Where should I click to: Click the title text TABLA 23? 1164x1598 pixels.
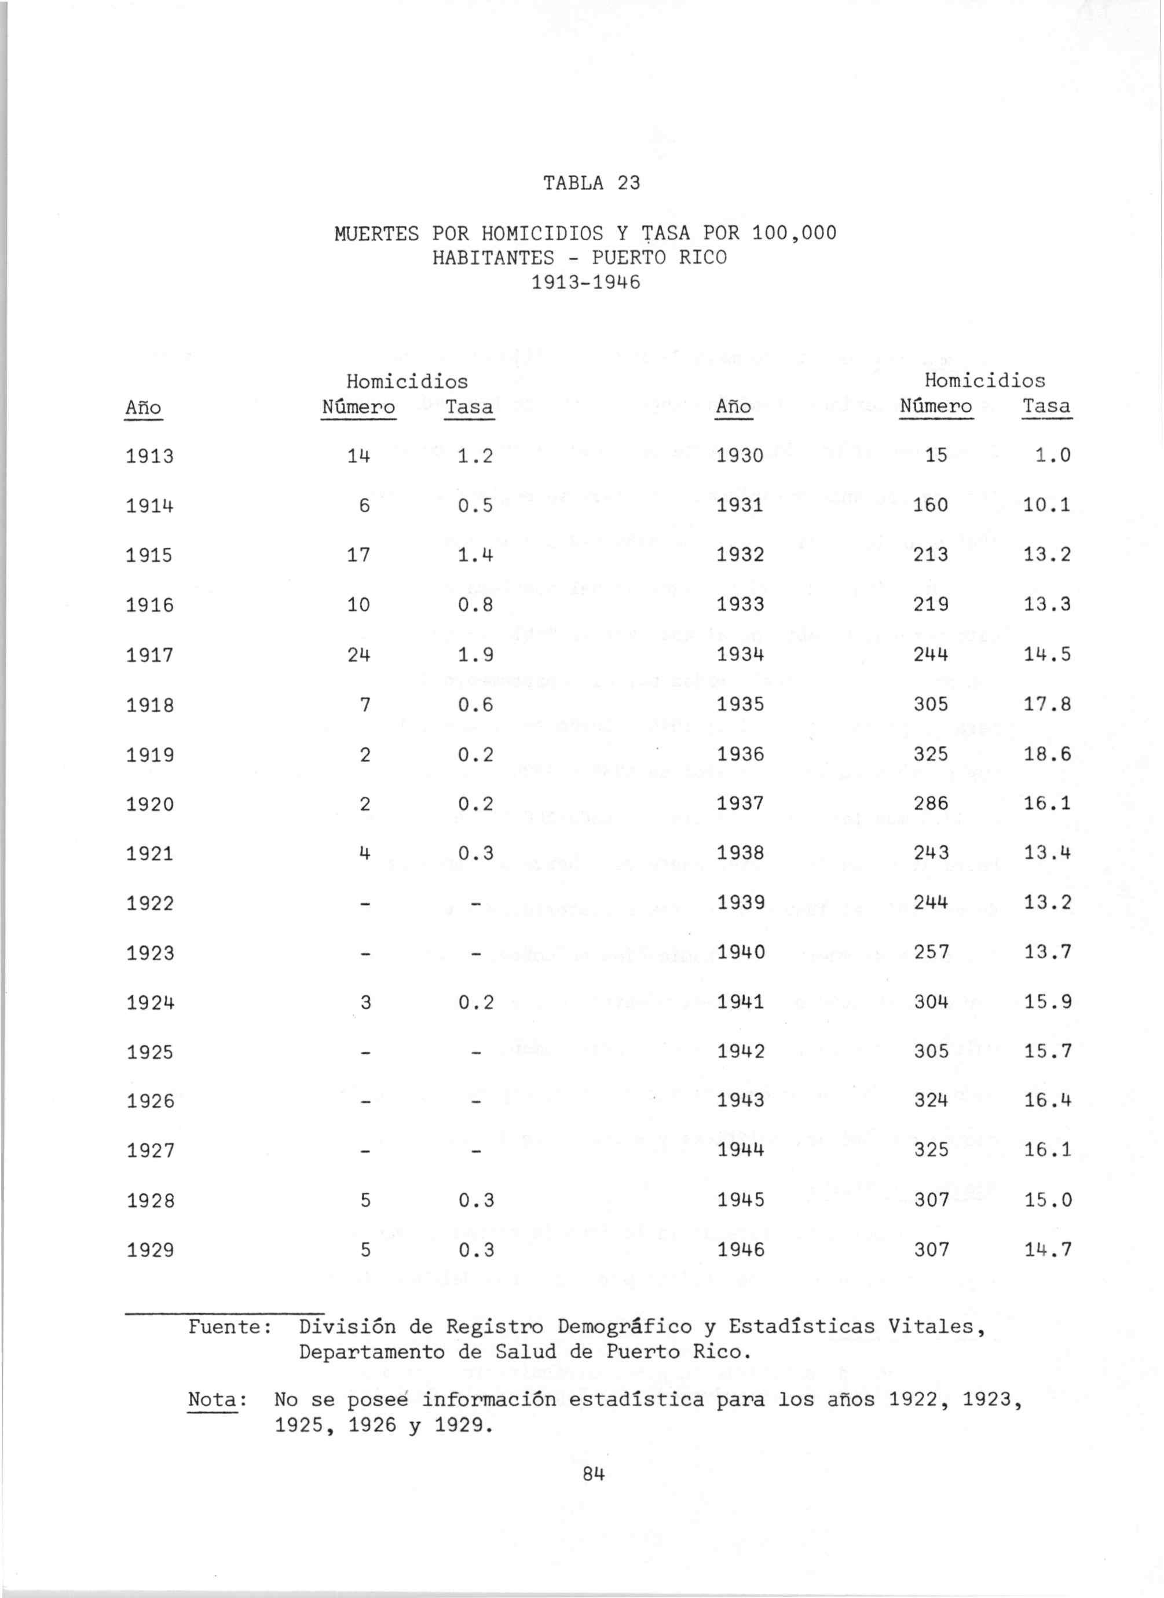tap(592, 183)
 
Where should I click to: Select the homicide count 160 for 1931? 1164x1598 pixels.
tap(930, 505)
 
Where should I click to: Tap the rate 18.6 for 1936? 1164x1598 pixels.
tap(1048, 754)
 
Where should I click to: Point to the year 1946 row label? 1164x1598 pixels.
tap(741, 1250)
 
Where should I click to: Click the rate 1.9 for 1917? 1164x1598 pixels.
tap(475, 655)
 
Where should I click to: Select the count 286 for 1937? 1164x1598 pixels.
tap(930, 804)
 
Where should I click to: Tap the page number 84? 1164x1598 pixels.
tap(595, 1474)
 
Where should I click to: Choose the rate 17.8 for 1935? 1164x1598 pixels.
tap(1048, 705)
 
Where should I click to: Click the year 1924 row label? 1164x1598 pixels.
tap(149, 1002)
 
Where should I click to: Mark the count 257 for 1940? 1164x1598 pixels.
tap(930, 952)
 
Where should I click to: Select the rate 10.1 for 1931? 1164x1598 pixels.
tap(1048, 505)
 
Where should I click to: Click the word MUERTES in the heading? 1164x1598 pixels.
tap(376, 233)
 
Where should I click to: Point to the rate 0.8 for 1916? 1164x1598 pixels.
tap(475, 605)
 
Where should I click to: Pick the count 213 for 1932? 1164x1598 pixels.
tap(930, 555)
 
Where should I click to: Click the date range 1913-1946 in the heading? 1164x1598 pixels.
tap(585, 283)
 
